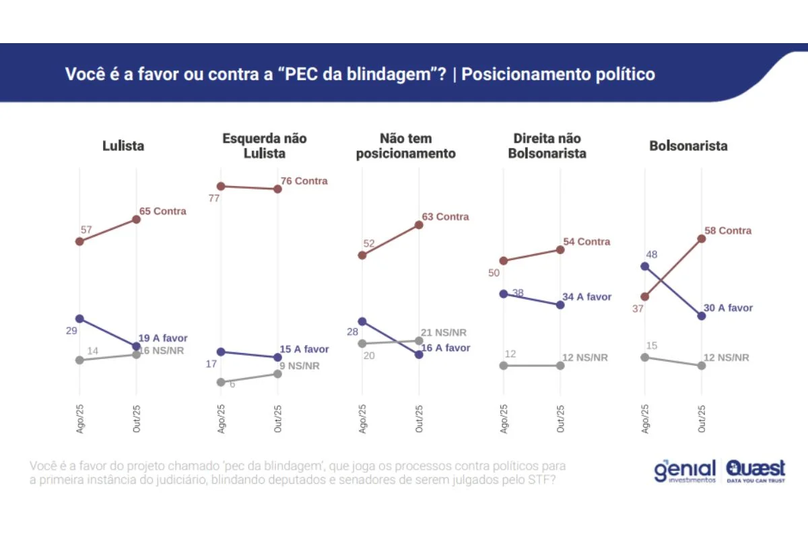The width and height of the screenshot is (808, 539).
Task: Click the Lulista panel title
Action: (123, 146)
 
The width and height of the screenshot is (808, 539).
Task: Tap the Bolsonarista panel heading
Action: (688, 146)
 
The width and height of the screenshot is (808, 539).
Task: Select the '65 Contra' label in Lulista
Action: (162, 211)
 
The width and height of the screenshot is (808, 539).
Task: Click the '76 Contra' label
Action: (304, 181)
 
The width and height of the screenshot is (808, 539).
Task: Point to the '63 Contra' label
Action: (445, 217)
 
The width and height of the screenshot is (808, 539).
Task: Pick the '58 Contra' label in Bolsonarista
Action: (728, 230)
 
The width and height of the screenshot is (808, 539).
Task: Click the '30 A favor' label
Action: (729, 308)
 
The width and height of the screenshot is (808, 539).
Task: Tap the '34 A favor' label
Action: (587, 296)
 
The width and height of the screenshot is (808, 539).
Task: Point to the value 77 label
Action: (215, 198)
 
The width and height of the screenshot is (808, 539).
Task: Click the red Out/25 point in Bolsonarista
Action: (702, 238)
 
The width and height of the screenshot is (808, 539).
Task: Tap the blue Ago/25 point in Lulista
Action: (79, 319)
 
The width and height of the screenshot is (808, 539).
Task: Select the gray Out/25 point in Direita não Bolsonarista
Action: (560, 365)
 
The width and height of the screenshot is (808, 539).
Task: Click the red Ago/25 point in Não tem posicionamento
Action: (362, 255)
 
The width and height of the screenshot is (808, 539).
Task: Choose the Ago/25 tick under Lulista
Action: (79, 419)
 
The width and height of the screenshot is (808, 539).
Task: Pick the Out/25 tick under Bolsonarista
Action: (702, 419)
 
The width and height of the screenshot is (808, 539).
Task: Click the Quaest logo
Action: (755, 470)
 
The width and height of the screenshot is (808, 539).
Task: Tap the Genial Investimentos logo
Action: (685, 470)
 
